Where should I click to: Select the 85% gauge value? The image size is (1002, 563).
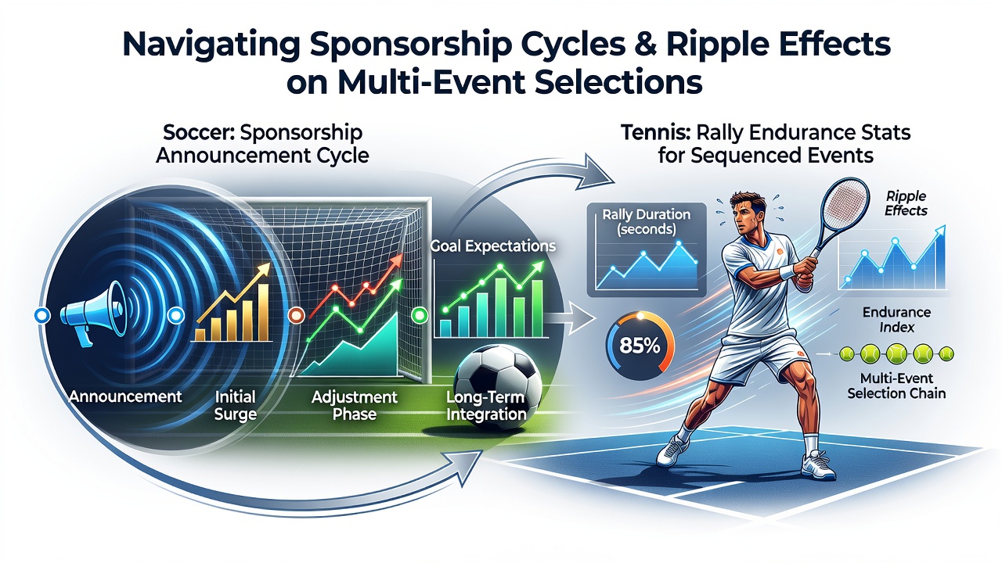tap(640, 346)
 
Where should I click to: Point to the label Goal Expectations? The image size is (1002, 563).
tap(492, 246)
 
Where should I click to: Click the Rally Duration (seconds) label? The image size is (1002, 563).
tap(646, 221)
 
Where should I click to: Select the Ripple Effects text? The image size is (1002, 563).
tap(906, 203)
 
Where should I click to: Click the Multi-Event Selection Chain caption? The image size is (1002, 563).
tap(896, 385)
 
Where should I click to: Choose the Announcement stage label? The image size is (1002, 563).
tap(125, 396)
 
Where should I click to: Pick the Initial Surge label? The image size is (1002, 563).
tap(236, 406)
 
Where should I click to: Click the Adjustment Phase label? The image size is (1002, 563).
tap(355, 405)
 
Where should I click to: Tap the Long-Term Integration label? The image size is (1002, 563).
tap(486, 405)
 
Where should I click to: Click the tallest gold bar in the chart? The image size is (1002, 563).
tap(264, 312)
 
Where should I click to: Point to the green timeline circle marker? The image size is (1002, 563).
tap(419, 315)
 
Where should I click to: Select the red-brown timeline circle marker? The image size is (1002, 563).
tap(296, 315)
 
